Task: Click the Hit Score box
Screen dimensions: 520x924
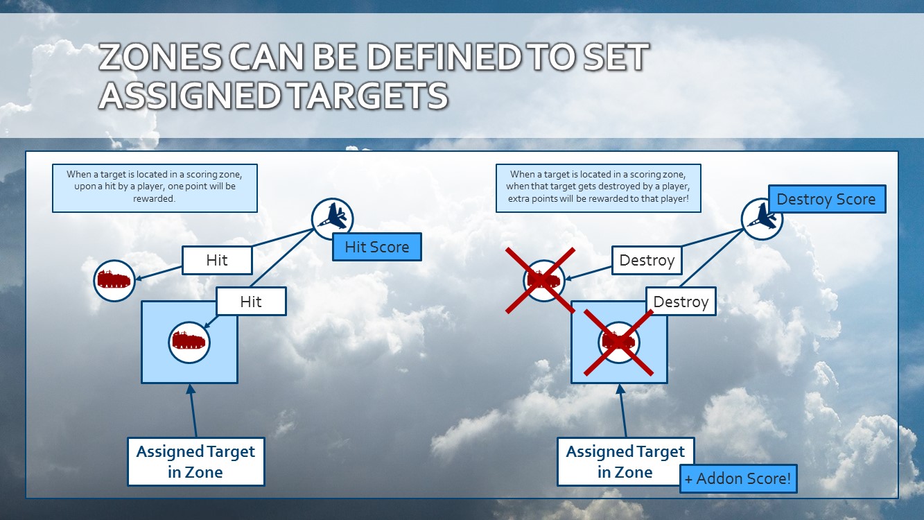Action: [377, 247]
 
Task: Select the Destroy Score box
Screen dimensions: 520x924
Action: [826, 199]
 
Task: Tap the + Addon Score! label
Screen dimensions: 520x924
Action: [738, 478]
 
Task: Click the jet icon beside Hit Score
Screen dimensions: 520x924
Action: [332, 218]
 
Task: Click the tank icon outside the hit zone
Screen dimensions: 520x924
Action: [114, 280]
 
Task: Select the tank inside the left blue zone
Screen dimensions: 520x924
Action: [189, 342]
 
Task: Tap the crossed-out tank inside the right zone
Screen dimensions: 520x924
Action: [618, 342]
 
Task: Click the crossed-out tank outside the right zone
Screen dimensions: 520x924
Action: [543, 280]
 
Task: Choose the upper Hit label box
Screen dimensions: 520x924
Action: [217, 261]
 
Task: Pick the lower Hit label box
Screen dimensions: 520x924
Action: [251, 302]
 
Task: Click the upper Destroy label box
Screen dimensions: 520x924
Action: [647, 261]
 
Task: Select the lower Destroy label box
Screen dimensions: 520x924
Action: [681, 302]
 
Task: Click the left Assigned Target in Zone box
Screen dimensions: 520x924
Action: [195, 462]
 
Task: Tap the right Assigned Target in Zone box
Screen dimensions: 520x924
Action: [625, 462]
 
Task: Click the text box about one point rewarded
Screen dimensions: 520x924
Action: [155, 187]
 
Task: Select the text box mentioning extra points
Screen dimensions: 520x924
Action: [598, 187]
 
